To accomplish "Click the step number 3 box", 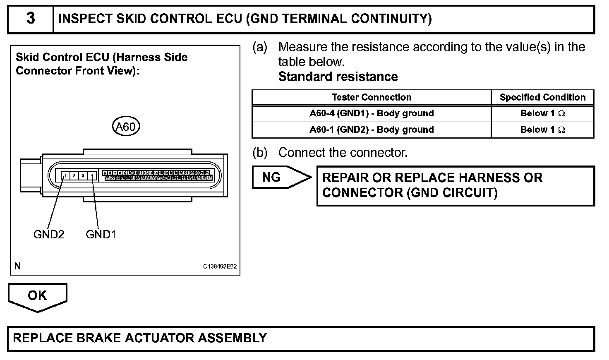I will (x=31, y=19).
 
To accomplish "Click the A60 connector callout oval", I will (x=126, y=126).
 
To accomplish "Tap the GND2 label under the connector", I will (x=49, y=235).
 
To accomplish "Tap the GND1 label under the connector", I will (x=101, y=235).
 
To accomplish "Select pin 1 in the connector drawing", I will (x=65, y=176).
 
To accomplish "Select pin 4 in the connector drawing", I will (x=92, y=176).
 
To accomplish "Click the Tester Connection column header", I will (x=371, y=97).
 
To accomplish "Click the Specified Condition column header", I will (x=542, y=97).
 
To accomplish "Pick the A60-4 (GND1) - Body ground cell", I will (x=371, y=113).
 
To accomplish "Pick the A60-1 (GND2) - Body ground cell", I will (x=371, y=130).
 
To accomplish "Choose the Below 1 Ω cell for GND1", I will (x=542, y=113).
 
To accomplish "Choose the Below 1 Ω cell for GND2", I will (x=542, y=130).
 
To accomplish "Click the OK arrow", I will (x=37, y=296).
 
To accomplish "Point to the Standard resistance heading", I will (x=338, y=77).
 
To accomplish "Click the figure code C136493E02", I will (x=220, y=266).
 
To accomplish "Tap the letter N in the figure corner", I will (x=17, y=266).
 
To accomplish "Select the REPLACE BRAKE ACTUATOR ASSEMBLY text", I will (x=140, y=338).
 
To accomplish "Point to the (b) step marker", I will (x=260, y=153).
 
